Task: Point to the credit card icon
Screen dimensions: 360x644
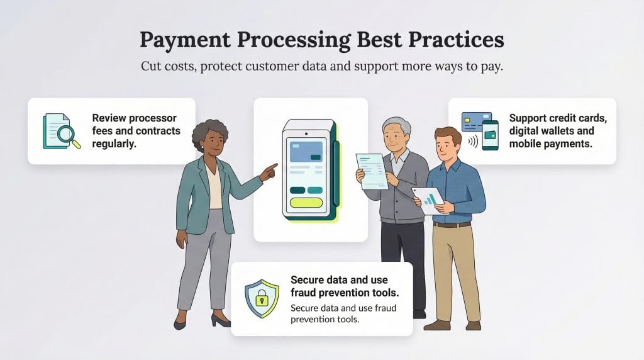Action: pyautogui.click(x=476, y=121)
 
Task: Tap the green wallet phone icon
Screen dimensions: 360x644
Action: pyautogui.click(x=491, y=135)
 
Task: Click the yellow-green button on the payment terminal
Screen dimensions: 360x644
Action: pyautogui.click(x=305, y=203)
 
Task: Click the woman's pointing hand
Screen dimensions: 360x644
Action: pyautogui.click(x=269, y=171)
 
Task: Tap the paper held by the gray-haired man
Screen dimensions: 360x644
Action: pyautogui.click(x=372, y=170)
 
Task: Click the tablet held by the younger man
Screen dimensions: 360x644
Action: pyautogui.click(x=429, y=200)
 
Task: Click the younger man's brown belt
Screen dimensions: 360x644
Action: pyautogui.click(x=452, y=224)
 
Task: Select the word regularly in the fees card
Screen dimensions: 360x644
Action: pyautogui.click(x=114, y=143)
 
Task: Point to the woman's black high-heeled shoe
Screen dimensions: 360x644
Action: pyautogui.click(x=221, y=321)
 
